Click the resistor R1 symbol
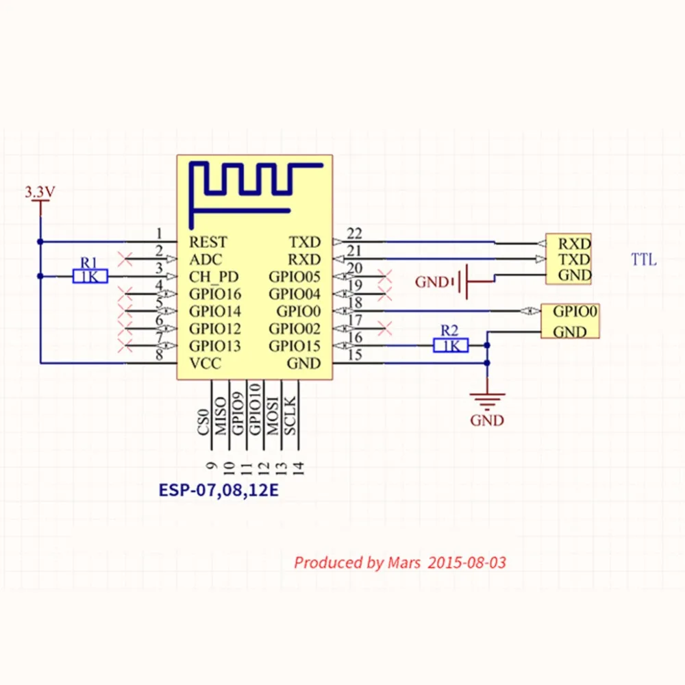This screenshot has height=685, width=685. pos(90,277)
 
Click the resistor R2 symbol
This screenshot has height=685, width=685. pos(451,345)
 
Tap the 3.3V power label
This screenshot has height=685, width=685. pos(40,192)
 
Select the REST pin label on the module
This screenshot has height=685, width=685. pos(208,242)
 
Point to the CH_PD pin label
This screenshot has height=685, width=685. pos(214,277)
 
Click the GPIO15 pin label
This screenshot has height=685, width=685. pos(295,346)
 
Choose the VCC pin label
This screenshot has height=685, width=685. pos(205,363)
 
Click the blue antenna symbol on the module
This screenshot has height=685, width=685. pos(256,195)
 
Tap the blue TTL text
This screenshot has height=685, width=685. pos(643,260)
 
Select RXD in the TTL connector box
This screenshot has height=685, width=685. pos(575,243)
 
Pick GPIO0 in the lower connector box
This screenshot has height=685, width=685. pos(575,312)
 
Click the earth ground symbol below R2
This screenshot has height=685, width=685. pos(487,401)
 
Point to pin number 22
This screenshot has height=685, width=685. pos(354,234)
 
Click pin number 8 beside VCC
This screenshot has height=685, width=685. pos(160,355)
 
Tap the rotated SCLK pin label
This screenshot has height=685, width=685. pos(290,416)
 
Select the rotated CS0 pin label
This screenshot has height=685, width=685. pos(203,423)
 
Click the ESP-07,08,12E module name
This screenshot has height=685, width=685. pos(219,490)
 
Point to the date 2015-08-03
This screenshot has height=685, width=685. pos(467,562)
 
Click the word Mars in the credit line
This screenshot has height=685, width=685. pos(404,562)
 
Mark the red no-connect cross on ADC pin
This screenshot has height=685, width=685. pos(125,259)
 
